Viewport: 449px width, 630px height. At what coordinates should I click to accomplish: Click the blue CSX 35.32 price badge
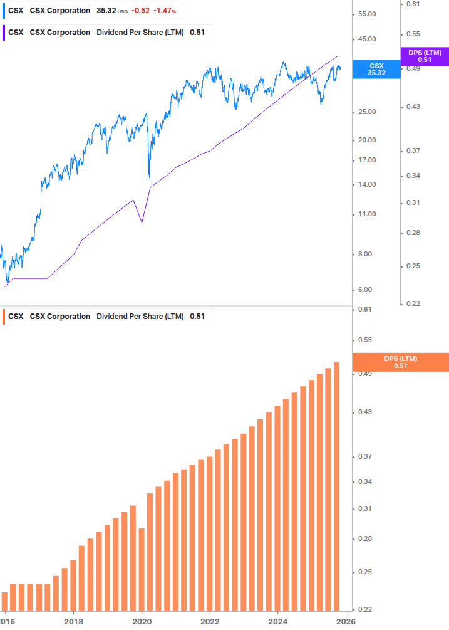coord(376,69)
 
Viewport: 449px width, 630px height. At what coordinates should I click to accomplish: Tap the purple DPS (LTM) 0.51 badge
coord(425,56)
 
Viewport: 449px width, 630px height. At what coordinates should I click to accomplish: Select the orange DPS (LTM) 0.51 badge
coord(401,362)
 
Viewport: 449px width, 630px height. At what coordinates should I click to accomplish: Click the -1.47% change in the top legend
coord(165,11)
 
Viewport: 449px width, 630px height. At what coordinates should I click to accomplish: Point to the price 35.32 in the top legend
coord(106,11)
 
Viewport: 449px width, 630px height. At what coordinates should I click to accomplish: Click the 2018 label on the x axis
coord(74,621)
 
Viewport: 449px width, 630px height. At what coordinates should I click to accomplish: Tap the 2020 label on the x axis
coord(142,621)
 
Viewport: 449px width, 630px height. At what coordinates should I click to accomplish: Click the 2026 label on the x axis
coord(346,621)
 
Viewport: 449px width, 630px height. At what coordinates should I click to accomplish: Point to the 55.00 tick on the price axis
coord(366,14)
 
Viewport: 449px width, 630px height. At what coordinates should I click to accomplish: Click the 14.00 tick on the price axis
coord(366,184)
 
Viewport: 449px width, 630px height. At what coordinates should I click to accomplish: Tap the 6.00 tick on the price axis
coord(366,290)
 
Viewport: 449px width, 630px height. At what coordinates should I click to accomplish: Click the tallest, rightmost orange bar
coord(336,486)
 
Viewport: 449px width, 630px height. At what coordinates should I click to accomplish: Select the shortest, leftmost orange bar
coord(5,601)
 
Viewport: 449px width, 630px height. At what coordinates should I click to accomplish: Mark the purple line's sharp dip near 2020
coord(142,222)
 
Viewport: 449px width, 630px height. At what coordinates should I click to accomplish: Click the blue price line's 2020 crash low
coord(149,177)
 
